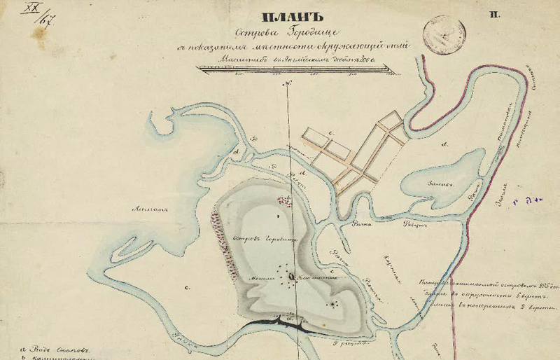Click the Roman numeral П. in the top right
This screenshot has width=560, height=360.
[x=495, y=15]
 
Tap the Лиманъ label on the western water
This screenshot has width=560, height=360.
[x=148, y=207]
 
